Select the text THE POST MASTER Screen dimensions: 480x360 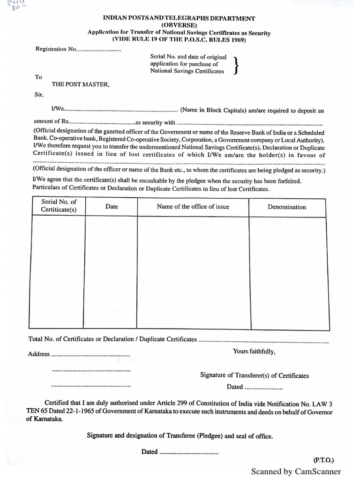point(81,85)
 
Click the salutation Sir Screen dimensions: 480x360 point(38,95)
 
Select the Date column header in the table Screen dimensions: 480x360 point(112,206)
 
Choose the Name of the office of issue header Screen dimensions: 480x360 point(193,206)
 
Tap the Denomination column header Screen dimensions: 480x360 point(286,207)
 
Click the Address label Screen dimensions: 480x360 point(39,354)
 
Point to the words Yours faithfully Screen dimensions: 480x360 point(254,352)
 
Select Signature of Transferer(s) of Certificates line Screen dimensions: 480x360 point(255,375)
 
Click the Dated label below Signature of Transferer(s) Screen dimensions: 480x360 point(235,387)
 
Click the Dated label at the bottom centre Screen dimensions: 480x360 point(150,452)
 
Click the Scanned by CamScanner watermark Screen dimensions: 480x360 point(296,472)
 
